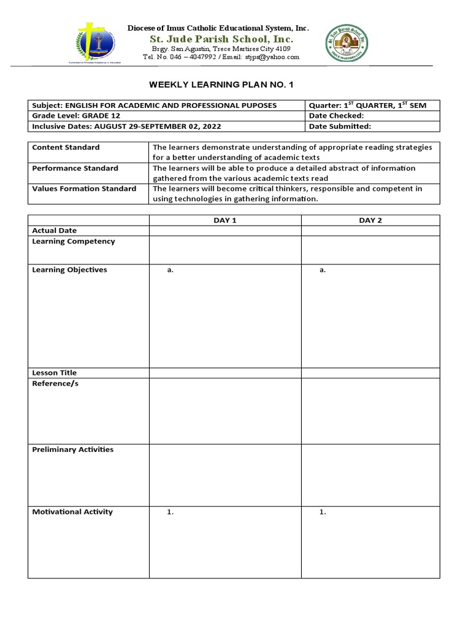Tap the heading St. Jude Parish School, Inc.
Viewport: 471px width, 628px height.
coord(218,39)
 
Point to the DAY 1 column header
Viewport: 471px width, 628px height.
coord(225,220)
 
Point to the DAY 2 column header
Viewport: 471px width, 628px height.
coord(370,220)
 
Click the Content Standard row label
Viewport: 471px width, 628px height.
coord(66,147)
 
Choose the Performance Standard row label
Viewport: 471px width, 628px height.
coord(75,168)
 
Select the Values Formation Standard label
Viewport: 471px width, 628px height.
coord(84,188)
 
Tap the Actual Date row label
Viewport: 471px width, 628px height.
coord(55,231)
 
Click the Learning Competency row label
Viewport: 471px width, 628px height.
coord(74,241)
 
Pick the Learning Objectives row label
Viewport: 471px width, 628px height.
coord(69,270)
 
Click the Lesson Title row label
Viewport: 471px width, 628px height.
coord(55,373)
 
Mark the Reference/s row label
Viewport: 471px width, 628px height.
coord(55,383)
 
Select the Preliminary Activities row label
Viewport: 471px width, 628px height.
coord(72,450)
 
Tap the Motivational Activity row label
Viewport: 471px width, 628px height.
coord(72,512)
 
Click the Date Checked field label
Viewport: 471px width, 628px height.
coord(337,115)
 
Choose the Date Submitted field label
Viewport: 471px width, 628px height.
coord(341,126)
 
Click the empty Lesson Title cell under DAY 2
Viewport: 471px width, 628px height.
coord(370,373)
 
